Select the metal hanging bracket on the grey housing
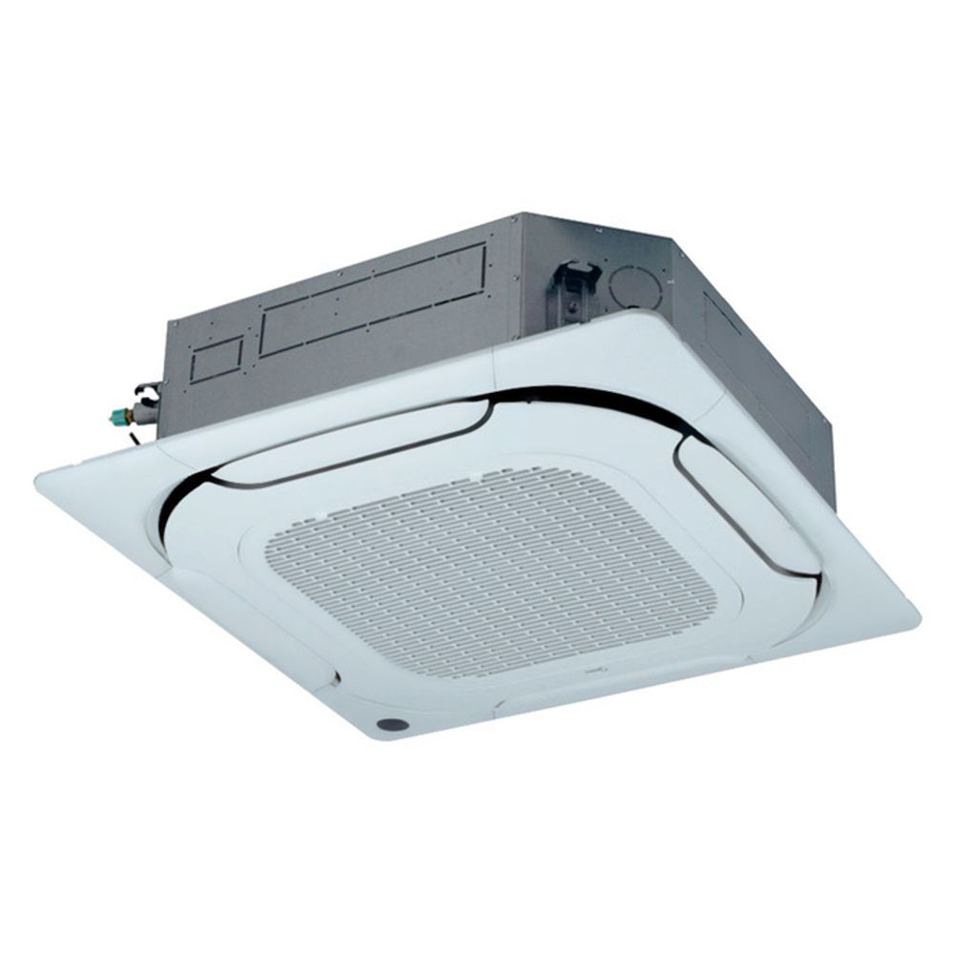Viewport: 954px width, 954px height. (572, 281)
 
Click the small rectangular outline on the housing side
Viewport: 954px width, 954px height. (218, 361)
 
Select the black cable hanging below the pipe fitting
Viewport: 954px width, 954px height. (134, 434)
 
